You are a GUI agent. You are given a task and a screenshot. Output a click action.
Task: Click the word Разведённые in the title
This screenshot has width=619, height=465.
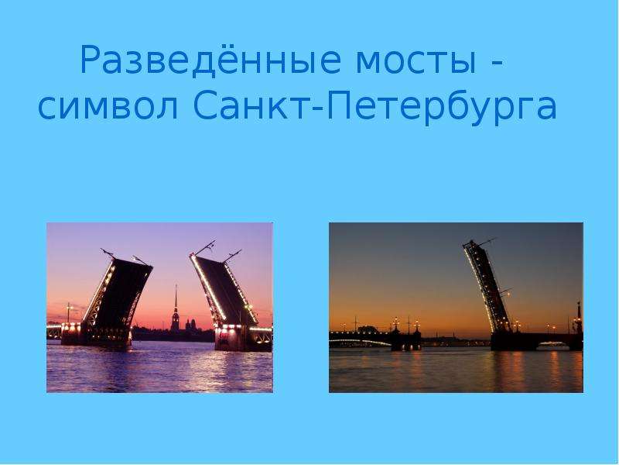point(210,60)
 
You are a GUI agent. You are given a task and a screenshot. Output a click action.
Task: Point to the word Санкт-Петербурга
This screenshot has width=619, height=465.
point(374,107)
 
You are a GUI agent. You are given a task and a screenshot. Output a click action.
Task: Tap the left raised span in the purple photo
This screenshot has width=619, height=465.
point(117,293)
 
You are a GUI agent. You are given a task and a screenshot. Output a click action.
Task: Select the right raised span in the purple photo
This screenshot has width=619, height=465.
point(223,288)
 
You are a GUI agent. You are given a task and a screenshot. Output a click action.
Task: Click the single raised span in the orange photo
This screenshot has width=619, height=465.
point(487,285)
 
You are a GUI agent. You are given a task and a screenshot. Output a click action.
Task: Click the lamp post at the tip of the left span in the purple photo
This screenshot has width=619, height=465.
point(108,253)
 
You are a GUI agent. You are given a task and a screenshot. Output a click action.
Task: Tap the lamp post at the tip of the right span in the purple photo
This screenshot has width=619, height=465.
point(205,247)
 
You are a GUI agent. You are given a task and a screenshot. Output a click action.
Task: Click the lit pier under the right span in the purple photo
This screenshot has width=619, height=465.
point(229,337)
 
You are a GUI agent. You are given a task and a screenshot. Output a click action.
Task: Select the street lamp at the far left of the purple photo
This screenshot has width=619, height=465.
point(68,313)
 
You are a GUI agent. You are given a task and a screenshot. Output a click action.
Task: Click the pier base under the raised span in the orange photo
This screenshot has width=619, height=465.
point(513,341)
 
